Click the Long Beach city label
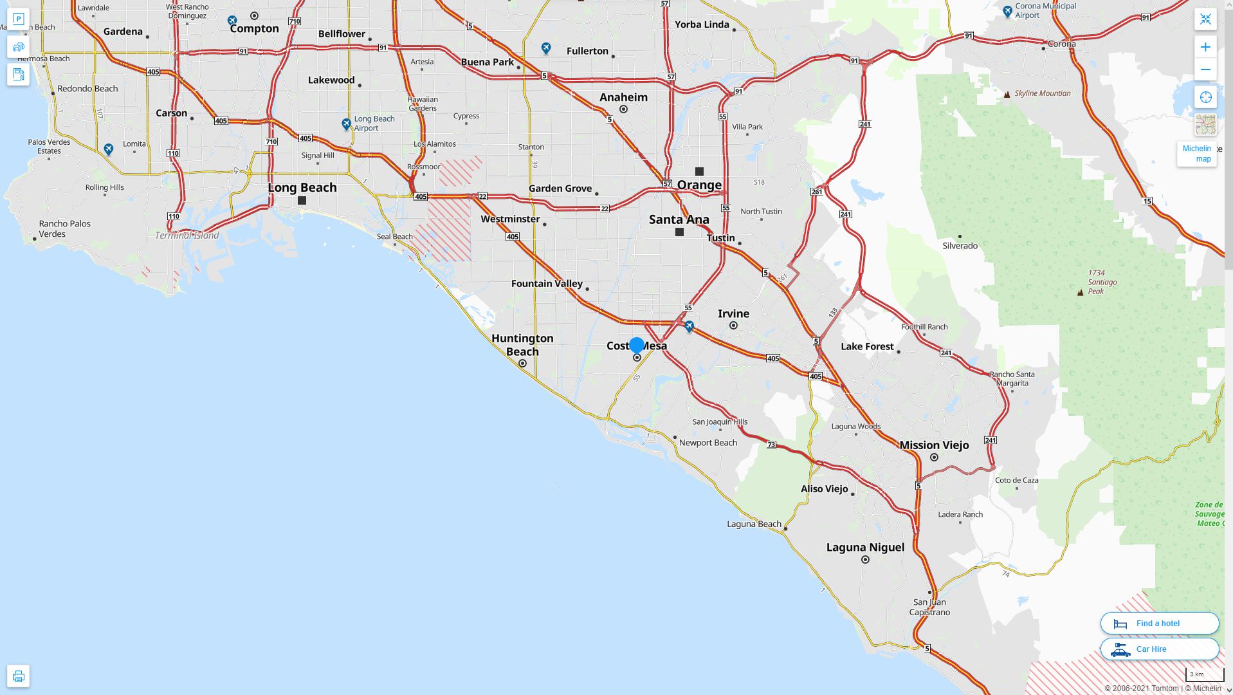pos(302,187)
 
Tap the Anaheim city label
pos(623,97)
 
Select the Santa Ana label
pos(679,219)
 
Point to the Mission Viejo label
pos(934,445)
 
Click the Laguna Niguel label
pos(865,548)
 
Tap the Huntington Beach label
pos(522,345)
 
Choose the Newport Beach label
pos(708,443)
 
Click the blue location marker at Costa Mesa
pos(637,346)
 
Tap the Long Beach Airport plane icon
pos(347,124)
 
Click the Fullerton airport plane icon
pos(546,48)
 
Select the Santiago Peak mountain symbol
pos(1080,292)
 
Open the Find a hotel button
pos(1159,623)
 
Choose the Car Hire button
pos(1159,649)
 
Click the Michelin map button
pos(1196,154)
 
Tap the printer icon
pos(18,676)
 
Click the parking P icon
pos(18,19)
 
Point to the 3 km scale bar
pos(1204,675)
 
